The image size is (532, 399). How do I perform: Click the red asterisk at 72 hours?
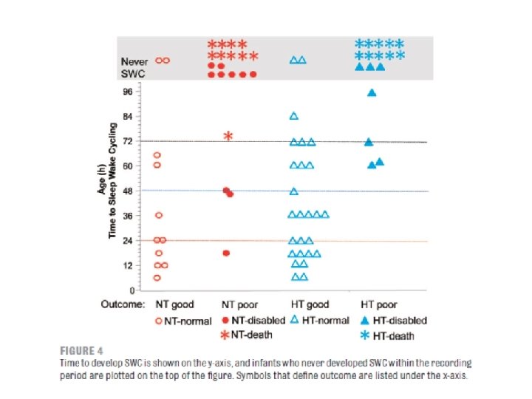(x=228, y=136)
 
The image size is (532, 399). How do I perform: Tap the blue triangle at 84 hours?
(x=293, y=116)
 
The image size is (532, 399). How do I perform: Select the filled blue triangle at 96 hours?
(x=372, y=92)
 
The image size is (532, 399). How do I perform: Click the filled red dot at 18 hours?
(x=226, y=253)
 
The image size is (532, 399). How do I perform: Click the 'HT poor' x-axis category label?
(x=378, y=304)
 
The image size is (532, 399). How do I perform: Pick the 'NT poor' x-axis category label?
(x=239, y=304)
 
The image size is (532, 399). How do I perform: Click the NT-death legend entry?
(x=247, y=335)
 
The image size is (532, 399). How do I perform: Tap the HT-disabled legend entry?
(x=395, y=321)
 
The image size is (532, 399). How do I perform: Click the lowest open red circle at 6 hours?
(x=157, y=278)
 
